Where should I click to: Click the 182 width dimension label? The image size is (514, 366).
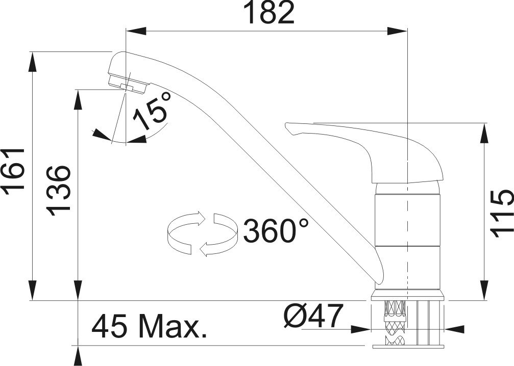(x=271, y=13)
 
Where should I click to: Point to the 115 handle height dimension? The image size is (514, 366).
(x=501, y=214)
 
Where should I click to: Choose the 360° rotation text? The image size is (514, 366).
(x=276, y=230)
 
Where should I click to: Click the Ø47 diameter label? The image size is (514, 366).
(x=313, y=316)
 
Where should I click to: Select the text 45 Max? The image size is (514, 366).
(x=149, y=326)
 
